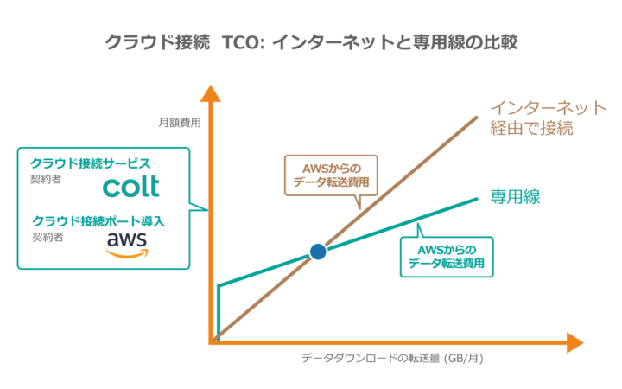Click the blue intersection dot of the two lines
pos(318,252)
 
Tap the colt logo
pos(131,186)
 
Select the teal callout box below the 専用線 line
pos(446,257)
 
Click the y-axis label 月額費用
pos(178,123)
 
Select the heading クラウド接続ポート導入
pos(98,220)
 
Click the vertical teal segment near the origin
pos(218,309)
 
